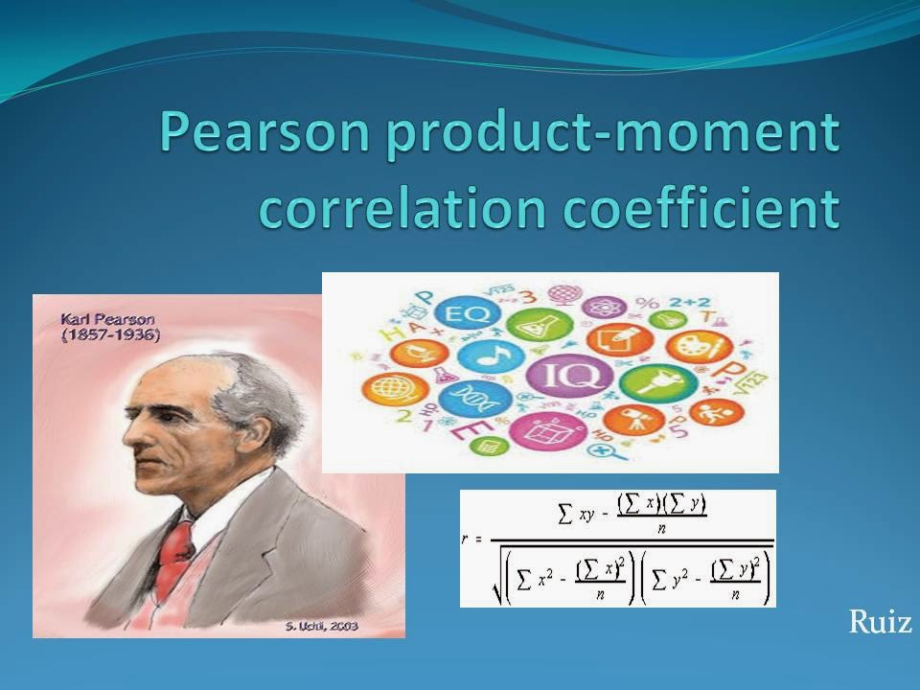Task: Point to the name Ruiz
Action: point(879,624)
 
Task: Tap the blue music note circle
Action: point(490,356)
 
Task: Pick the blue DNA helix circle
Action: point(467,397)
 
